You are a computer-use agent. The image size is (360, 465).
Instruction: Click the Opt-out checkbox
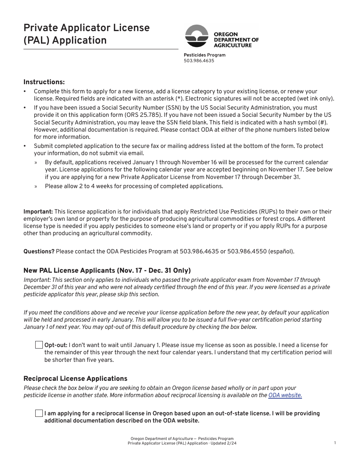[39, 345]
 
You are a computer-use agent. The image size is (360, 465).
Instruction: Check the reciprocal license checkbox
[39, 413]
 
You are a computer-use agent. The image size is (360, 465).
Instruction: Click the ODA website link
[285, 395]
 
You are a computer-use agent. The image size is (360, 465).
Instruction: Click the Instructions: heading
[44, 82]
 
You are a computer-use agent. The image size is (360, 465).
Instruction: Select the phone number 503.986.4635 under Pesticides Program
[199, 61]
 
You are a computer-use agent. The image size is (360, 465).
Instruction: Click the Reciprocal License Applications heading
[75, 379]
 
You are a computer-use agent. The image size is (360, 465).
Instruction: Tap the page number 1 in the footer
[335, 443]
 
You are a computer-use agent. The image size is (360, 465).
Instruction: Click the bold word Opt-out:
[56, 345]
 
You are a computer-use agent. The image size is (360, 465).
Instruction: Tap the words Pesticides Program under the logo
[204, 55]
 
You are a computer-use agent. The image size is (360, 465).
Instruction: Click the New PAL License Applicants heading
[107, 270]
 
